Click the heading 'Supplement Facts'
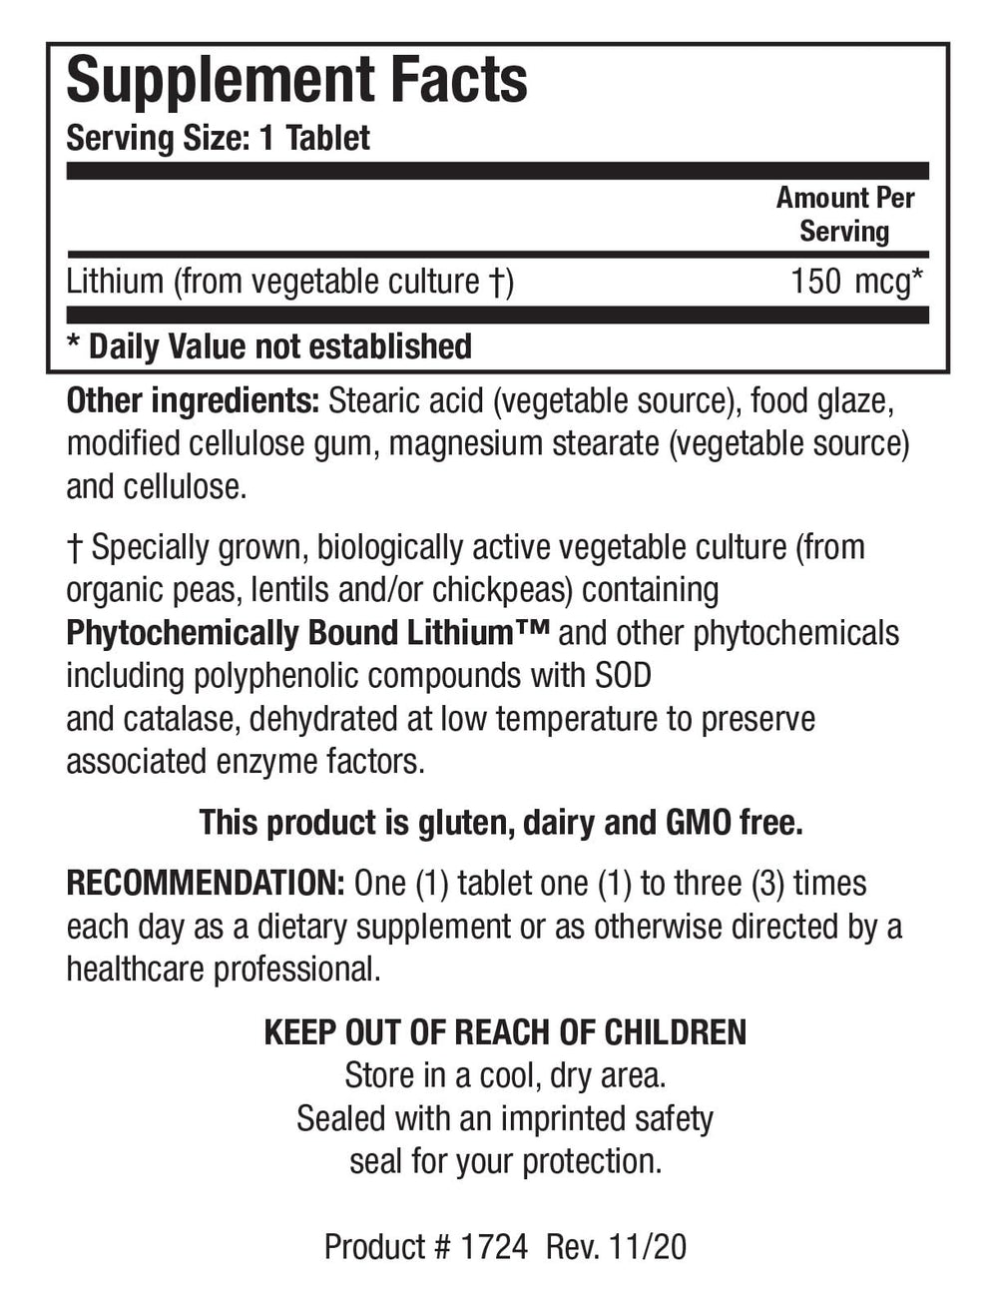click(296, 81)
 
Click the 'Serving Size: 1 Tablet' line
click(218, 138)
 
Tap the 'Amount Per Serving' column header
click(844, 214)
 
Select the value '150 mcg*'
click(855, 282)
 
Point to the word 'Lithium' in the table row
click(115, 282)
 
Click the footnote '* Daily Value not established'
click(268, 346)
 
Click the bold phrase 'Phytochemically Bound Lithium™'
click(308, 633)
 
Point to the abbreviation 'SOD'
click(622, 676)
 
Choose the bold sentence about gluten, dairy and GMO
click(501, 823)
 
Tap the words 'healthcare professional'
click(223, 970)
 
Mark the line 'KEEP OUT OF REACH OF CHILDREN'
click(505, 1032)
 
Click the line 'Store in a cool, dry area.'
click(505, 1075)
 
